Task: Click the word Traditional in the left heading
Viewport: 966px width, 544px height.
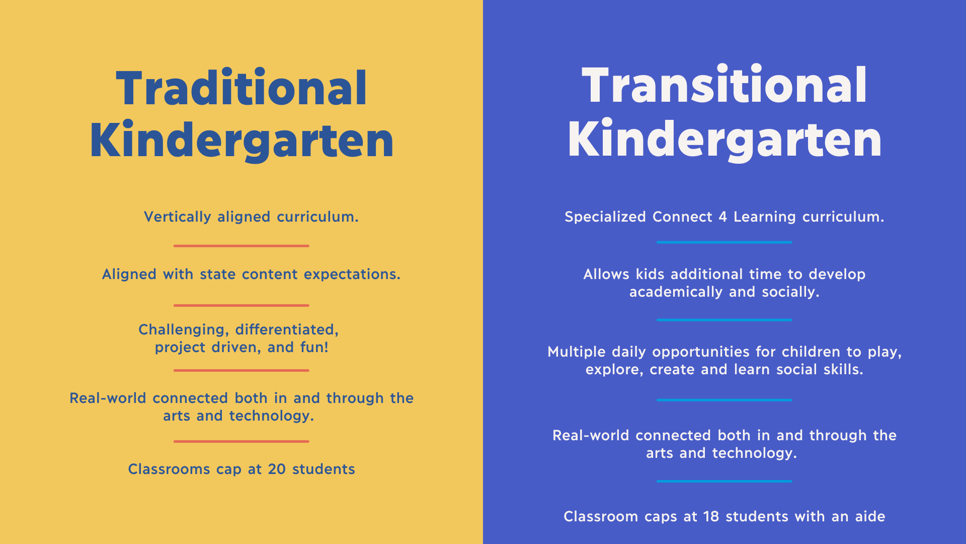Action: click(242, 88)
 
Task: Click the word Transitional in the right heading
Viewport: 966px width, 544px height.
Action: click(725, 85)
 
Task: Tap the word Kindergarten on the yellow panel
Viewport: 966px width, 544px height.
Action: click(242, 141)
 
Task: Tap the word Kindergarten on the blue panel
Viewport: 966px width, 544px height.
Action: click(725, 140)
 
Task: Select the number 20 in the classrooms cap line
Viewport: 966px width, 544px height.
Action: click(277, 469)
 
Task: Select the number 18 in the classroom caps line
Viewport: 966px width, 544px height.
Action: click(711, 516)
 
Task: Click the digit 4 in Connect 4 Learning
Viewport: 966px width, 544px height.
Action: click(722, 217)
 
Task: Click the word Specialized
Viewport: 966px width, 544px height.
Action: click(605, 217)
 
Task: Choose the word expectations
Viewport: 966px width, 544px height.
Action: click(352, 275)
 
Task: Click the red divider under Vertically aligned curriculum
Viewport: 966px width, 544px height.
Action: click(242, 246)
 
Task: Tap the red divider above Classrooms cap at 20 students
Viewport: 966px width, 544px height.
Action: click(242, 441)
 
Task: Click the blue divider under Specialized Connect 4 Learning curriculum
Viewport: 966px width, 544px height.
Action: click(725, 242)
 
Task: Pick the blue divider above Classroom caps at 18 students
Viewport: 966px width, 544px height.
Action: click(725, 481)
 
